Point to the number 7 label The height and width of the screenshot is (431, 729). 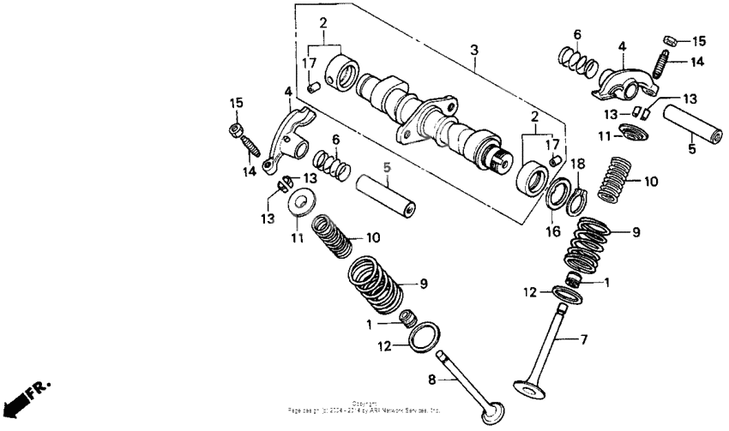tap(584, 340)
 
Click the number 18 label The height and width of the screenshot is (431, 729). tap(578, 163)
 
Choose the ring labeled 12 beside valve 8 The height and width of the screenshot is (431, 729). tap(420, 337)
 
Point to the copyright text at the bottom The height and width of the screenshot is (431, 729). tap(364, 408)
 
